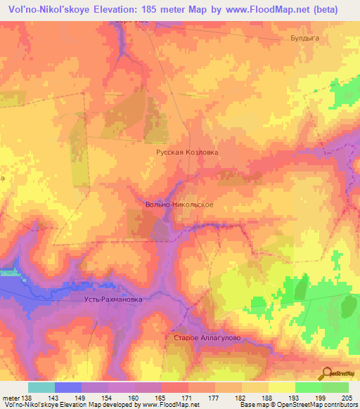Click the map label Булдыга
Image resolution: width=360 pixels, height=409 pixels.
304,40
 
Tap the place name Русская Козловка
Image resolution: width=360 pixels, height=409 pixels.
187,151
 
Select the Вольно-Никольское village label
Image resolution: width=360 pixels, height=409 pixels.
174,204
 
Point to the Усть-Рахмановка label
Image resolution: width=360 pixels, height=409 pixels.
108,299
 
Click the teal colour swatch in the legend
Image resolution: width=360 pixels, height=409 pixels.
41,387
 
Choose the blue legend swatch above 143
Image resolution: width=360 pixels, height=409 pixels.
68,387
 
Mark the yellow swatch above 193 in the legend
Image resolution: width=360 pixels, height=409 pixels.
282,387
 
